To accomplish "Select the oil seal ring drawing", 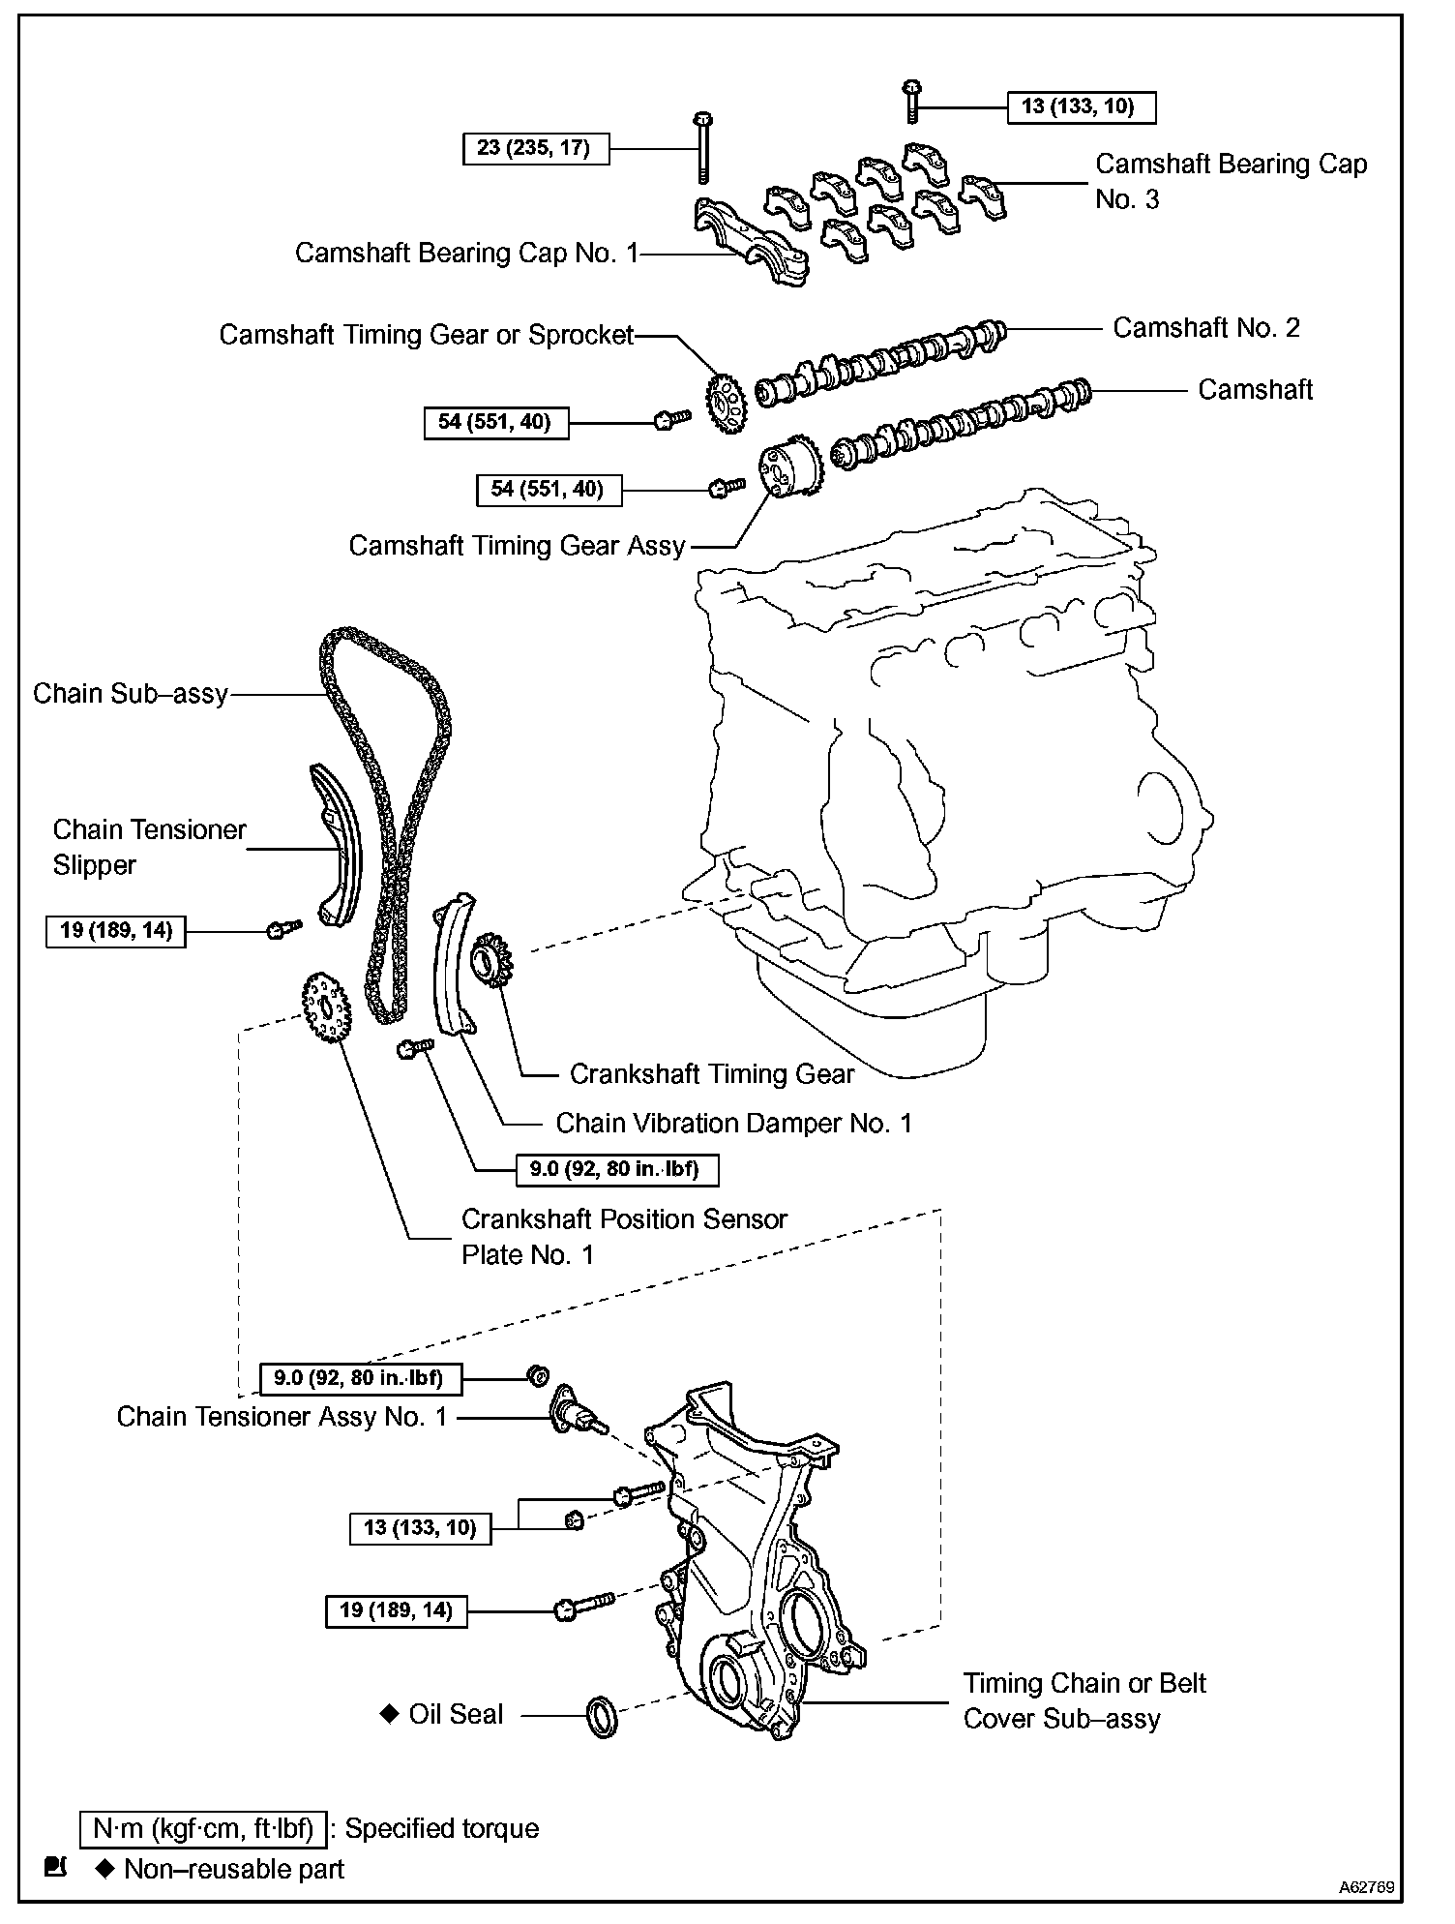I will point(602,1716).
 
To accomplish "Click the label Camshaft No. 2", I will point(1205,328).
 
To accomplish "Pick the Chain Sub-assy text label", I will point(131,694).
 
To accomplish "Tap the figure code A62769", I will point(1366,1886).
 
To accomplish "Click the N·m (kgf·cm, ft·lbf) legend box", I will point(203,1828).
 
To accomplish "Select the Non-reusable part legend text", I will point(233,1869).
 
